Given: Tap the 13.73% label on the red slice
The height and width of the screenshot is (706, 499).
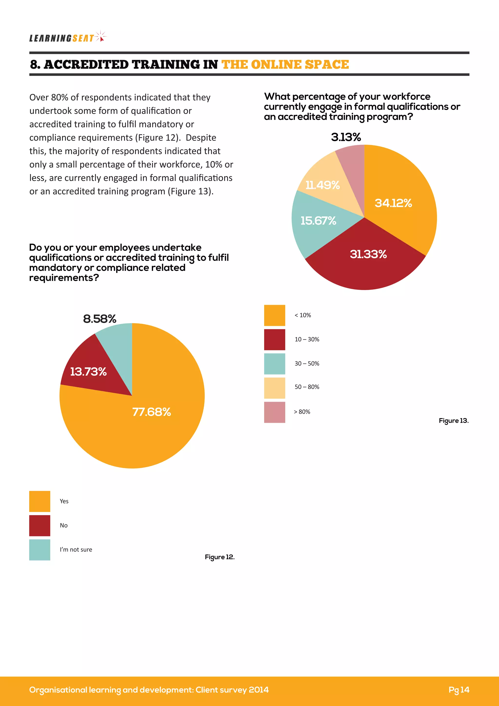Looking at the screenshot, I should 88,372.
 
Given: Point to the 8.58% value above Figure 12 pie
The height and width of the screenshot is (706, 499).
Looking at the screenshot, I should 100,319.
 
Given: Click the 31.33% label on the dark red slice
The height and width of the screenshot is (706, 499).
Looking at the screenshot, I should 368,254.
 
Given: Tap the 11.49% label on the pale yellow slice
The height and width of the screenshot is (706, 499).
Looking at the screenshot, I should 322,185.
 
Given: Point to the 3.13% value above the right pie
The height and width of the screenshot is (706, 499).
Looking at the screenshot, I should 346,137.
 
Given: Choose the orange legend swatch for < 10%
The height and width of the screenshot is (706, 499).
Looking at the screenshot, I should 274,315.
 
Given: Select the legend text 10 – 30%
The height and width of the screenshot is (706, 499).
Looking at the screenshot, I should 307,339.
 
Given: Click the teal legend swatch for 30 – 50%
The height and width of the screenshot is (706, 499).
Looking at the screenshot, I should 274,364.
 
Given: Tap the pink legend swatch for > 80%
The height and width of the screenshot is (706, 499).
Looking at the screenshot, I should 274,412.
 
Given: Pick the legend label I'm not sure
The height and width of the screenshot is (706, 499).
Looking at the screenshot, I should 76,549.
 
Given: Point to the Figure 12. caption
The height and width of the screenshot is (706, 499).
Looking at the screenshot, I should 219,557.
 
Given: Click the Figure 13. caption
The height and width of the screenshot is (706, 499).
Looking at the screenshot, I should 453,421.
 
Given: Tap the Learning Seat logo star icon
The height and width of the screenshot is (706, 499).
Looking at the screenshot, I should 101,37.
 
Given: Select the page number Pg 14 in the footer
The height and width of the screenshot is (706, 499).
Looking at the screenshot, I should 459,690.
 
